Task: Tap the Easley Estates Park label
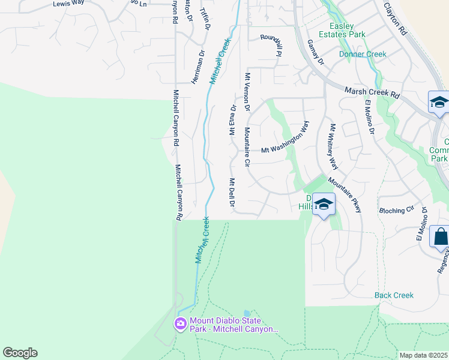pos(348,30)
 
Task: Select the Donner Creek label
pos(363,54)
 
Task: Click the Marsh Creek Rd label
pos(372,92)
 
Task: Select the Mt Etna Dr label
pos(233,119)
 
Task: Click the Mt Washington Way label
pos(285,139)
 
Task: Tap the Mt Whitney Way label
pos(334,146)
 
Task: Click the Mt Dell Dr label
pos(232,193)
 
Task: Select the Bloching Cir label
pos(397,211)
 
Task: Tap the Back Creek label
pos(394,295)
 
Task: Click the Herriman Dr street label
pos(197,67)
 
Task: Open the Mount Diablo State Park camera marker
pos(180,324)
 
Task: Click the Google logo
pos(20,353)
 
